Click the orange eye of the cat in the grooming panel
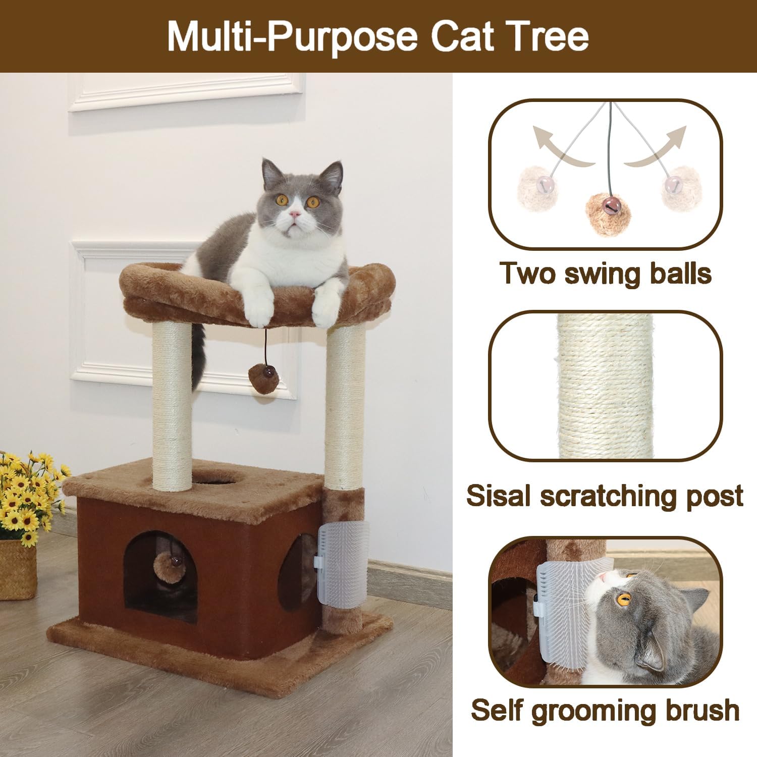point(624,600)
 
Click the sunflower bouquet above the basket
point(30,495)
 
